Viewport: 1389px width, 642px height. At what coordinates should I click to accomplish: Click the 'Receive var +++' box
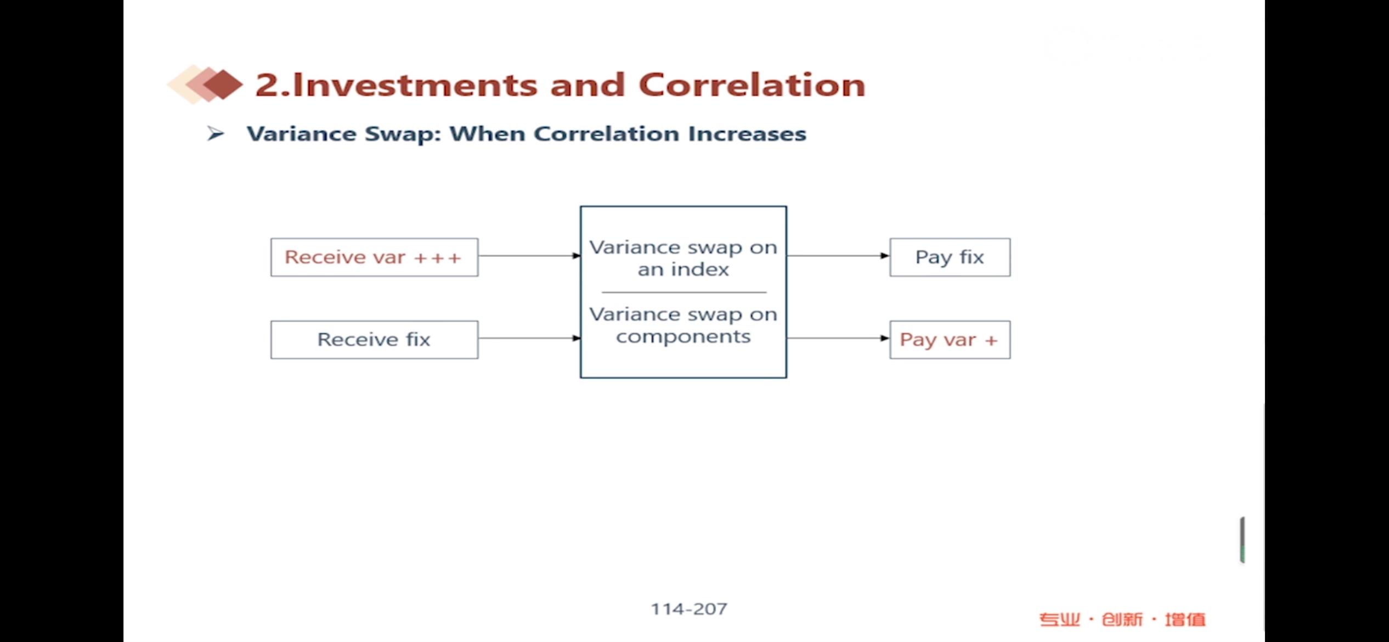point(374,257)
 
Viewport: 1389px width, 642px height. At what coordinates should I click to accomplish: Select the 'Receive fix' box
point(374,340)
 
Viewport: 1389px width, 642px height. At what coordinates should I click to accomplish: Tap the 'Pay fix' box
point(950,257)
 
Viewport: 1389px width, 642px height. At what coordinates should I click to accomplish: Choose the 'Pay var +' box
point(950,340)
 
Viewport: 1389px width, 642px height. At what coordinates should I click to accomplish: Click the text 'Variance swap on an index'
point(683,258)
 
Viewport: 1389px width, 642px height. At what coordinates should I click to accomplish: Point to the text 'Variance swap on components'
point(683,325)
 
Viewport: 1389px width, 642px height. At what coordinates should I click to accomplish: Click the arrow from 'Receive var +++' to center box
point(529,256)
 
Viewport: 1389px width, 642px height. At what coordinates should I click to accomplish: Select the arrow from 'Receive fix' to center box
point(529,338)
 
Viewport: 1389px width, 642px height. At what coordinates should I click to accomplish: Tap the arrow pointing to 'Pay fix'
point(838,256)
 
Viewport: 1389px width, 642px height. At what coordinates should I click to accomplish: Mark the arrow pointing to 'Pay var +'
point(838,338)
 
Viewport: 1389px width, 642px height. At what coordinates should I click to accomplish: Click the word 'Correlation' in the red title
point(752,85)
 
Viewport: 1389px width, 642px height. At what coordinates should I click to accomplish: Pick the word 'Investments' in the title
point(415,85)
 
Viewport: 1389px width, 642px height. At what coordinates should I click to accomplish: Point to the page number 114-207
point(689,609)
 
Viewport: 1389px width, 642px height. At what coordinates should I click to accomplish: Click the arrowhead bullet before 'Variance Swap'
point(216,133)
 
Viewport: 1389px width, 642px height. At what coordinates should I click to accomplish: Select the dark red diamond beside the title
point(223,85)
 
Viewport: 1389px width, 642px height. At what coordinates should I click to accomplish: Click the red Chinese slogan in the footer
point(1122,620)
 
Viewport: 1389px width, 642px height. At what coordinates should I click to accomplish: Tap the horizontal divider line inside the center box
point(684,292)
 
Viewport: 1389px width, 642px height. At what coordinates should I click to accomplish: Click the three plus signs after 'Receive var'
point(437,258)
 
